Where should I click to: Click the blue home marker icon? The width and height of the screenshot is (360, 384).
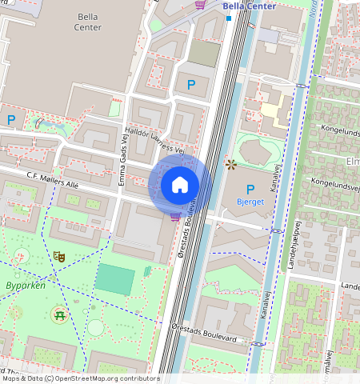[180, 185]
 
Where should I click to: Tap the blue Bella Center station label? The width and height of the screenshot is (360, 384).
[249, 6]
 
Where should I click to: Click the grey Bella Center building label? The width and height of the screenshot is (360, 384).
[89, 22]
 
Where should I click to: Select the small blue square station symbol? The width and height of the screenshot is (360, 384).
[228, 17]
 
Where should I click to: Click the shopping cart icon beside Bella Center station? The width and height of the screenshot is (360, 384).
[200, 6]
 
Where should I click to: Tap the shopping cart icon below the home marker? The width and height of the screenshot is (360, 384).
[174, 216]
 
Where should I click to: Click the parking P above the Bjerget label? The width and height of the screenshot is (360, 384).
[250, 190]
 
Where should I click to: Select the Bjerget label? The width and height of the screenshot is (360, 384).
[250, 202]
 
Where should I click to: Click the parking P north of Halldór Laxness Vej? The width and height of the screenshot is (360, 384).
[190, 84]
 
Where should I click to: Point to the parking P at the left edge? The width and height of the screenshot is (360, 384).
[11, 119]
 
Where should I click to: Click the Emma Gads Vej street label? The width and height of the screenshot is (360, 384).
[125, 164]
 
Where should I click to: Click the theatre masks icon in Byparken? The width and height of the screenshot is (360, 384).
[58, 257]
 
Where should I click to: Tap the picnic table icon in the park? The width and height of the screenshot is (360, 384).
[58, 314]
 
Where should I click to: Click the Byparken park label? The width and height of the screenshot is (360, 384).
[26, 285]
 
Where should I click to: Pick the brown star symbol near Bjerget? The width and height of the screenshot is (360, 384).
[231, 165]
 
